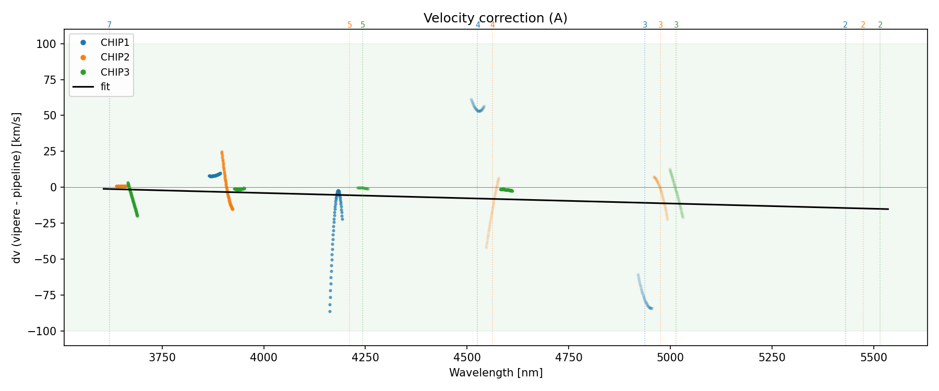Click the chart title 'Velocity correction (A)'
(x=495, y=18)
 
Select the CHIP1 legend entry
(x=115, y=43)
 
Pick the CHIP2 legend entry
(x=115, y=57)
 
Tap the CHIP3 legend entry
(x=115, y=72)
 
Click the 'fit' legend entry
(x=105, y=87)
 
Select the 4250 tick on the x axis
(x=365, y=357)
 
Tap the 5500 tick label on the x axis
(x=873, y=357)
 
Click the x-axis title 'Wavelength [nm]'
(x=496, y=373)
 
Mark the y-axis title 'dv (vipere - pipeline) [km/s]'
(x=17, y=187)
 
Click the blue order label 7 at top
(x=109, y=25)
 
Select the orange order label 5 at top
(x=350, y=25)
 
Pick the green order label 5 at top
(x=363, y=25)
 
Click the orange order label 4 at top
(x=492, y=25)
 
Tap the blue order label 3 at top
(x=645, y=25)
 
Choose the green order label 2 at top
(x=880, y=25)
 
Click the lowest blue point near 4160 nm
(x=330, y=311)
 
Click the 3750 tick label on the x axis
(x=162, y=357)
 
